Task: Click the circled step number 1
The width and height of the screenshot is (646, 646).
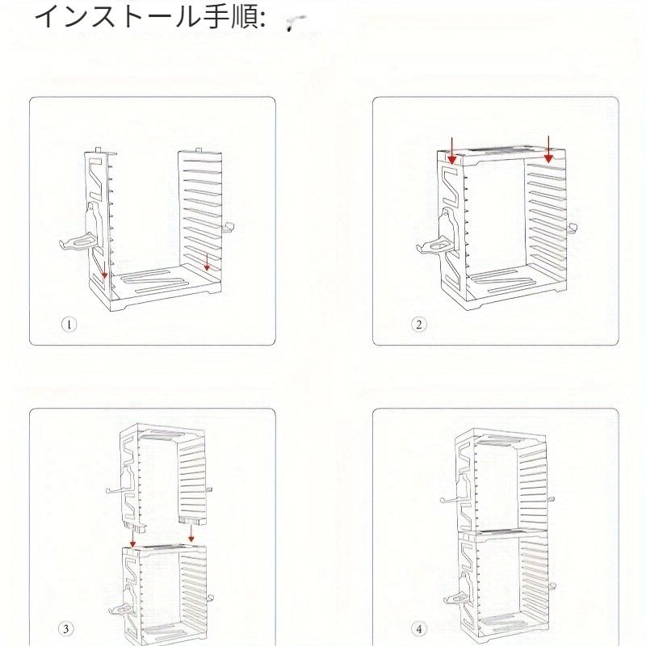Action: coord(69,325)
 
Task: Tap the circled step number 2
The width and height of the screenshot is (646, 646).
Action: coord(418,325)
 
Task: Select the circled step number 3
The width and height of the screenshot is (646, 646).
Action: coord(65,629)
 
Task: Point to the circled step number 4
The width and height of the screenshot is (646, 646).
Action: coord(419,629)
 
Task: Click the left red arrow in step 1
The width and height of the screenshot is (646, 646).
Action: coord(104,270)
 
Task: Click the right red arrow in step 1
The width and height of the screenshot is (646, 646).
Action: coord(207,262)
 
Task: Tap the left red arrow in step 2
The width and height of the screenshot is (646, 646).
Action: coord(452,150)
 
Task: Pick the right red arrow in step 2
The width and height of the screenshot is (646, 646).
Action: coord(548,149)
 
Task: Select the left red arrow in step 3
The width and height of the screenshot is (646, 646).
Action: coord(132,538)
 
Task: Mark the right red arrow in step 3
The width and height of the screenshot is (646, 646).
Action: coord(191,533)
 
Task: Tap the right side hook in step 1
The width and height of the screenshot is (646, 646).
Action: coord(228,228)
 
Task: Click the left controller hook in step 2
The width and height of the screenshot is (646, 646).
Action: coord(433,246)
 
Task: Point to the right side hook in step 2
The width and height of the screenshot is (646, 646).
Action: coord(572,228)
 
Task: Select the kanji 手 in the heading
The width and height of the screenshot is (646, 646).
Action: coord(216,16)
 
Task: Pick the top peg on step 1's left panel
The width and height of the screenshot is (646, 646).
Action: coord(98,149)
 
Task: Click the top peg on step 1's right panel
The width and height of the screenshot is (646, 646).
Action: coord(199,150)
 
